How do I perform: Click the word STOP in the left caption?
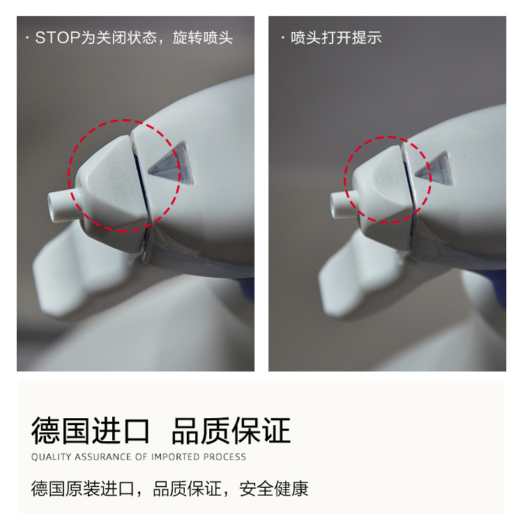58,38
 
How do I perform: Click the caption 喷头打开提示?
336,38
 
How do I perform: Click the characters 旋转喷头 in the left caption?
202,38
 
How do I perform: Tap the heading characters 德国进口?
90,431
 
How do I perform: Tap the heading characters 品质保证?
231,431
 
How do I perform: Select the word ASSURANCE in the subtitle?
103,457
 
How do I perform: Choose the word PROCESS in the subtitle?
225,457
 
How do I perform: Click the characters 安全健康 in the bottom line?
273,489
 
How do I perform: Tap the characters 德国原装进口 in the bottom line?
83,489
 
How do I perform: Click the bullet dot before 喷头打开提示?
283,38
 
